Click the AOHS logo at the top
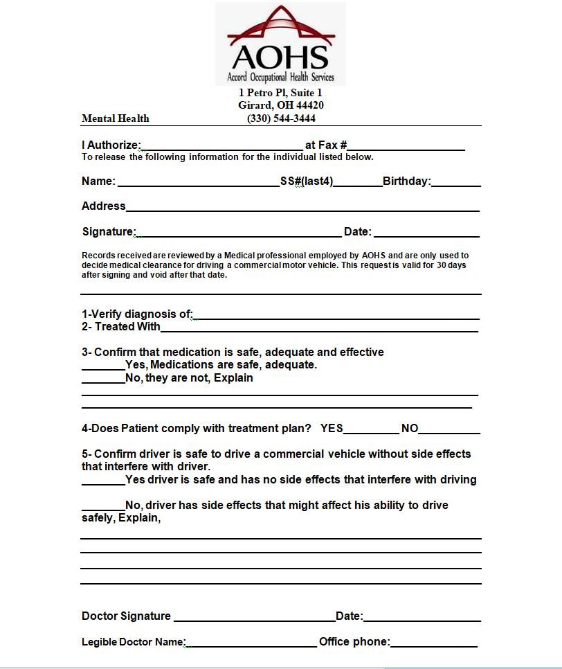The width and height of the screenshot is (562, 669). pos(280,44)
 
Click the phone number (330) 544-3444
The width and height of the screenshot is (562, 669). pos(281,118)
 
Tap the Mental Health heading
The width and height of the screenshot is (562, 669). pos(115,118)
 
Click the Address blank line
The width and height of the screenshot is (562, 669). pos(302,208)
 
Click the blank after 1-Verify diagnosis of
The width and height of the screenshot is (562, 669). pos(336,316)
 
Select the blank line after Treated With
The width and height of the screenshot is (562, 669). pos(319,329)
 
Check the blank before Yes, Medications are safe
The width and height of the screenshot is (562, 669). pos(103,367)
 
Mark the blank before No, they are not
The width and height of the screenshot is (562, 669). pos(103,380)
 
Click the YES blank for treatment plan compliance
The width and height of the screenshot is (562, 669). pos(371,431)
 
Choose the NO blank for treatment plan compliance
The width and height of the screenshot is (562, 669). pos(449,431)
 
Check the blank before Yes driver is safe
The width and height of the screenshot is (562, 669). pos(103,482)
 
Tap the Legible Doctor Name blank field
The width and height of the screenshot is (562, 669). pos(251,645)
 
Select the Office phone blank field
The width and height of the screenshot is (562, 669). pos(434,645)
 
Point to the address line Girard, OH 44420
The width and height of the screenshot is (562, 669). pos(281,105)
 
